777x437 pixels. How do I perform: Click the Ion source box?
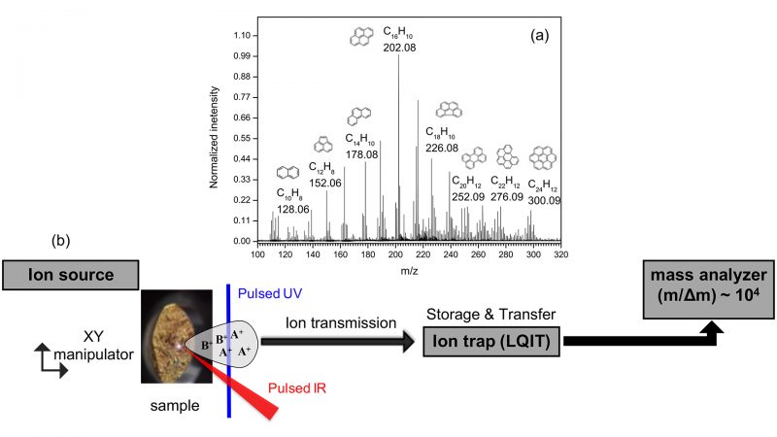point(69,275)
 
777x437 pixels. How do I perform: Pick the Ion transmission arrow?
point(335,342)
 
